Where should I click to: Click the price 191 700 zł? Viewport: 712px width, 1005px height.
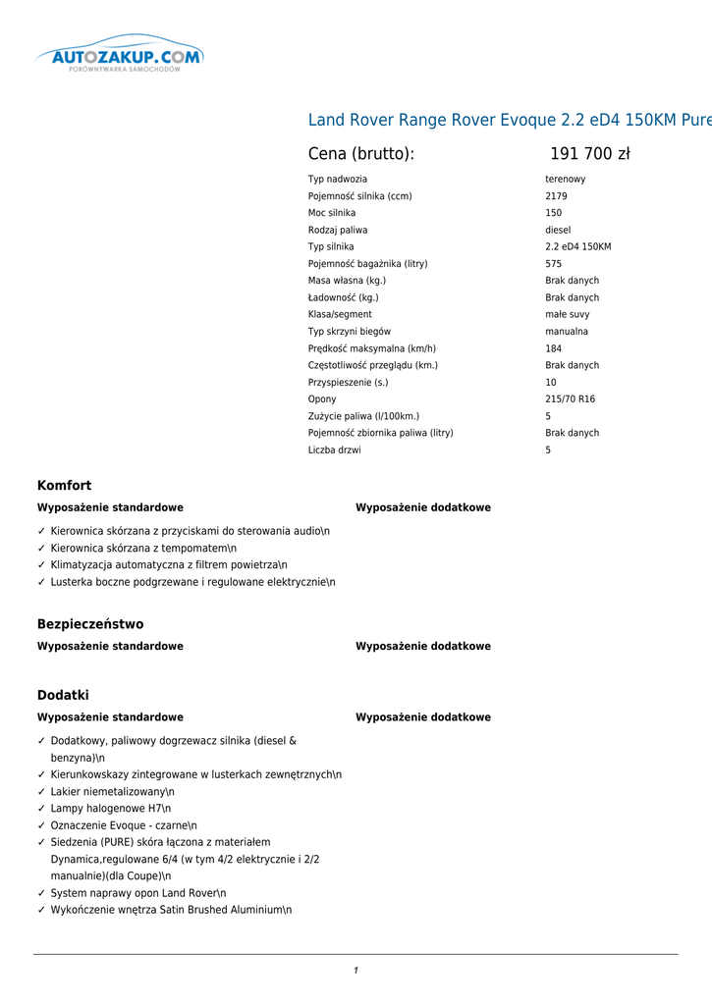[589, 154]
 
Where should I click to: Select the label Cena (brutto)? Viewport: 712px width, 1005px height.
[361, 154]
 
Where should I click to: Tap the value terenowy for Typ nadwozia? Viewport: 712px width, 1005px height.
[566, 180]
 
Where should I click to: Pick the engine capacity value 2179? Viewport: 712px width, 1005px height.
[556, 196]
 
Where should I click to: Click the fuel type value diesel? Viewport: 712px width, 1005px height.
[558, 231]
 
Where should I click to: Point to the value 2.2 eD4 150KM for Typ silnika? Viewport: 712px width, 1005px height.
[578, 247]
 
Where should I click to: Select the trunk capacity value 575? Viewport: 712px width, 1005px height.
[554, 264]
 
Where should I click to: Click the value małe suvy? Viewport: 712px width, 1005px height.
[568, 315]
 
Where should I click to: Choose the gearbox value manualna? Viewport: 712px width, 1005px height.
[567, 332]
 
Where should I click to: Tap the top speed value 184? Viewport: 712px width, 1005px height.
[554, 348]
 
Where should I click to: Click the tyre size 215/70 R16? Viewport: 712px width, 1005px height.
[571, 399]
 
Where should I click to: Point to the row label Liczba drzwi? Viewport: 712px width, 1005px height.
[334, 450]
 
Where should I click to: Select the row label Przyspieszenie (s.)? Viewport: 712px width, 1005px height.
[348, 383]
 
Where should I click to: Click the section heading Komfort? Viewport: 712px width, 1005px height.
[64, 486]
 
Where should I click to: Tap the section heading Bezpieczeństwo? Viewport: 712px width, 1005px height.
[90, 624]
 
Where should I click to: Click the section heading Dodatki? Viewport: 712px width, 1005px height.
[63, 695]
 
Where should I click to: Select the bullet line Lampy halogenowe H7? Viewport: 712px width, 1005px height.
[110, 809]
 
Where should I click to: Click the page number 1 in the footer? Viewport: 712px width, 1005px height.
[356, 971]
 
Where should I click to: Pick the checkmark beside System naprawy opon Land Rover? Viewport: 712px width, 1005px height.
[41, 893]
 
